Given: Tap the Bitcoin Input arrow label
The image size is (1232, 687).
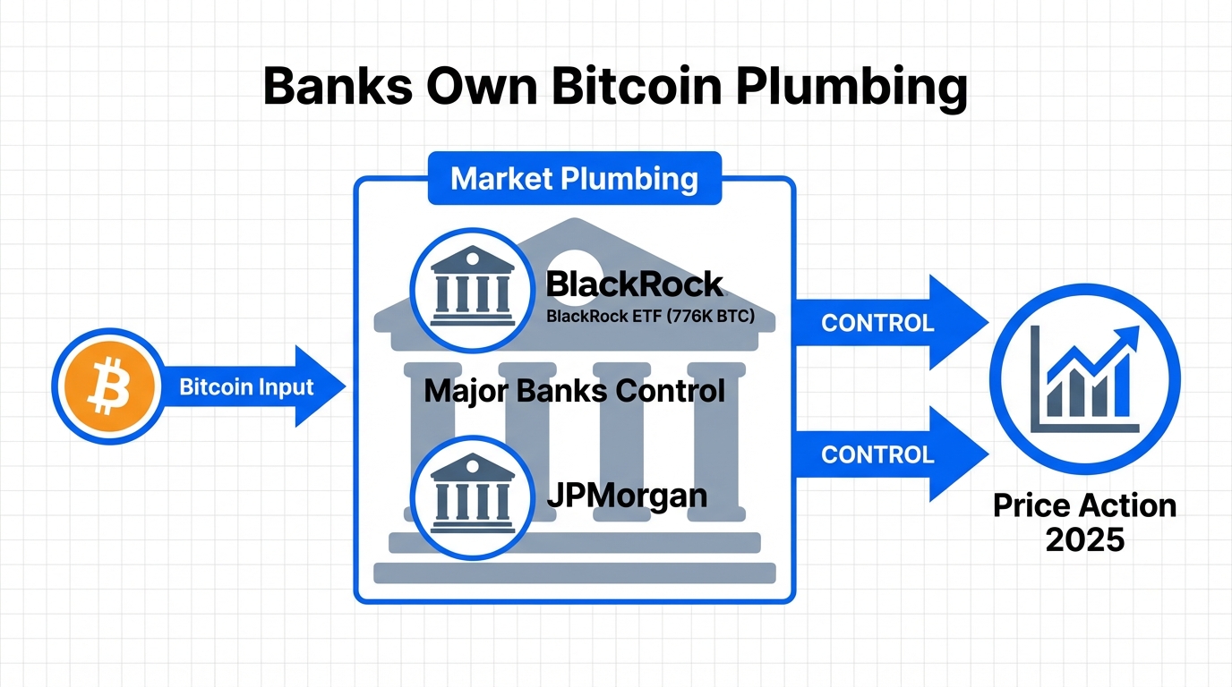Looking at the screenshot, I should [x=246, y=387].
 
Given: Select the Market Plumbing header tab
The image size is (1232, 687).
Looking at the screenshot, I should [x=574, y=178].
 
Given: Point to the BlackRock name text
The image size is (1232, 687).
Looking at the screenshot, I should [x=634, y=284].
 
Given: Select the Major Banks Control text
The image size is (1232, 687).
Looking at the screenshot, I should [x=574, y=391].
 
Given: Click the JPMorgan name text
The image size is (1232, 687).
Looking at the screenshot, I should [x=627, y=495].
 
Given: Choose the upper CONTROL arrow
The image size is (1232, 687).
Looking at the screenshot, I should [x=886, y=323].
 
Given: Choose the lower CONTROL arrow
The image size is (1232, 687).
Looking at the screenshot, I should [x=886, y=454].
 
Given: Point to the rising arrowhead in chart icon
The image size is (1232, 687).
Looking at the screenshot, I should [x=1127, y=338].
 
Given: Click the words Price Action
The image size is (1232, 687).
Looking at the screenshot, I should [x=1084, y=506].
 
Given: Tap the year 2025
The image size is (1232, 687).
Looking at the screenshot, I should [x=1084, y=540].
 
